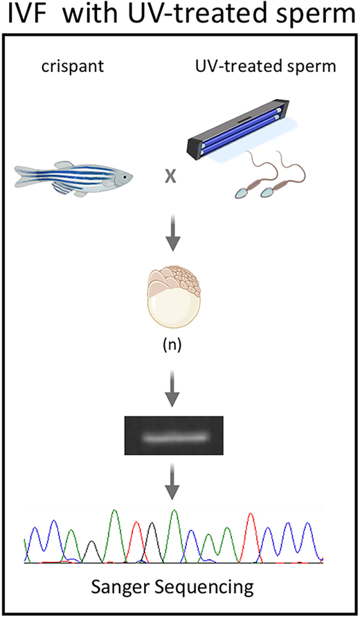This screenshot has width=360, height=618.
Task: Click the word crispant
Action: [x=73, y=66]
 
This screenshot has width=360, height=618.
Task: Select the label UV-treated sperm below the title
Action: [x=266, y=66]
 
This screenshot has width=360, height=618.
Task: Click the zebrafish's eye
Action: [x=125, y=177]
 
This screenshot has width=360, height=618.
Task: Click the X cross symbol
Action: [x=170, y=176]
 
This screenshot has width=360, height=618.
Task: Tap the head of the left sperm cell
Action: [x=242, y=192]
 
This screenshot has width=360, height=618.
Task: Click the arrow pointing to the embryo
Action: [x=172, y=232]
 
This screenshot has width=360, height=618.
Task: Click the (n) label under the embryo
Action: [x=172, y=345]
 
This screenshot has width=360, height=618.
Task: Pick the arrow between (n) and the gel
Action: [x=172, y=388]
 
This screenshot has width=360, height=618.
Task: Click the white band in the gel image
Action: [x=174, y=437]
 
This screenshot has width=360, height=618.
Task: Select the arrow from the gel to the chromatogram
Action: [x=172, y=481]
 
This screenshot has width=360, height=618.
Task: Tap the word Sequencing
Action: [x=202, y=588]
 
